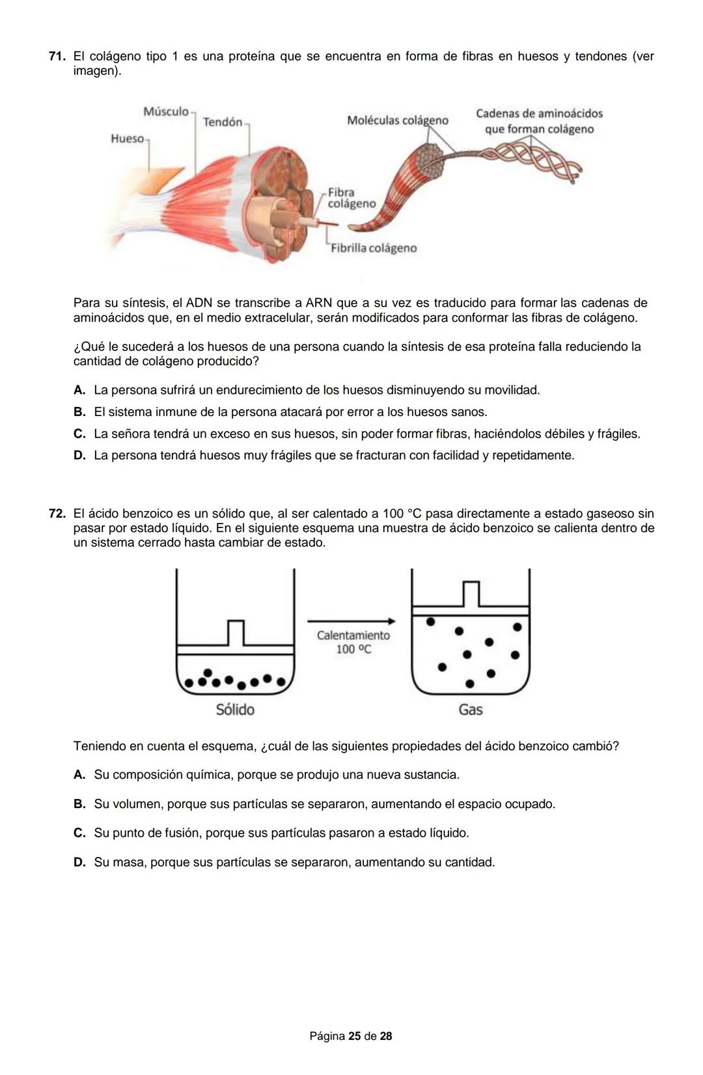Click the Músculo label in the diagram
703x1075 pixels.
click(x=166, y=111)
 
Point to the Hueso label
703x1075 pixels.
click(x=127, y=138)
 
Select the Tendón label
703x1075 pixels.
click(x=223, y=122)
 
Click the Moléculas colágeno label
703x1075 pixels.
click(x=398, y=120)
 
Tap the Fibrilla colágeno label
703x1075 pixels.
click(x=374, y=248)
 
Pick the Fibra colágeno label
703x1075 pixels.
click(x=351, y=198)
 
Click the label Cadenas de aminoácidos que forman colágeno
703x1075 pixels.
click(x=539, y=121)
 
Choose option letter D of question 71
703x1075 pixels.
click(x=79, y=456)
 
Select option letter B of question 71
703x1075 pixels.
click(x=79, y=412)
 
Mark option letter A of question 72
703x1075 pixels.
click(x=79, y=775)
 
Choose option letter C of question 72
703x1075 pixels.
click(x=79, y=833)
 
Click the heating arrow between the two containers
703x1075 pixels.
click(x=351, y=621)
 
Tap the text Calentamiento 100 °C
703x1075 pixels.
click(x=353, y=642)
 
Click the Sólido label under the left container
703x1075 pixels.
click(x=235, y=710)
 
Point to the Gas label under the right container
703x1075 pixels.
click(x=470, y=710)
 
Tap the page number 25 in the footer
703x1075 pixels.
click(x=354, y=1036)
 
